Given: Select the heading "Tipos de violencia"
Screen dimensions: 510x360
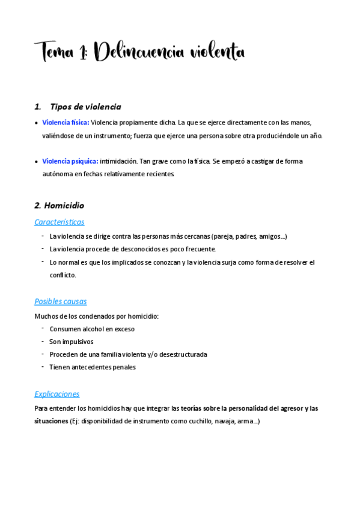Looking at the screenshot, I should coord(85,106).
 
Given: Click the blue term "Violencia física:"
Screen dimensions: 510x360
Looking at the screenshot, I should coord(66,122).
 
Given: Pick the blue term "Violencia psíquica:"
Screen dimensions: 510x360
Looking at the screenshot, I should coord(70,161).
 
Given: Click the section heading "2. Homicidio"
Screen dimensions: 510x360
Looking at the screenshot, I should coord(59,205).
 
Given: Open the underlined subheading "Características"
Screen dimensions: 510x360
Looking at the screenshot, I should coord(59,222).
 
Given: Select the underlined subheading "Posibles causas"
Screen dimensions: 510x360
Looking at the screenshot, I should coord(61,301).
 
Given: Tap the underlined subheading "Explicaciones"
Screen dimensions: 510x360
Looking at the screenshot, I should coord(57,394).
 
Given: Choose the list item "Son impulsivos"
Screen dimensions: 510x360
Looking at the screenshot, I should coord(71,342).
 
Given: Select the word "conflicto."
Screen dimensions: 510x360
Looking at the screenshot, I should coord(63,275).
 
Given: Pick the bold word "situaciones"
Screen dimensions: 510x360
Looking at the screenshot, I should coord(51,422).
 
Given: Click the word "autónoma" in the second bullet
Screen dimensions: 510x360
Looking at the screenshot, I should coord(56,174).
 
